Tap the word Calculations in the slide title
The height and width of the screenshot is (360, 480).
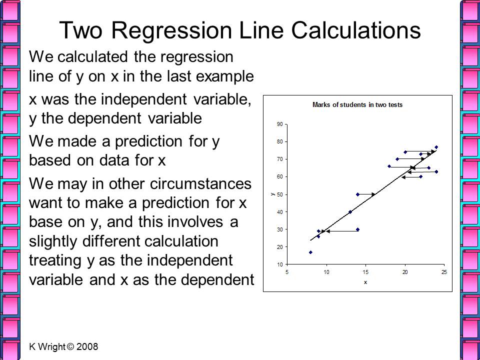355,30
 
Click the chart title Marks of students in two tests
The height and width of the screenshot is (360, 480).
357,104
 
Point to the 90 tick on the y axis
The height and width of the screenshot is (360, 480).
280,124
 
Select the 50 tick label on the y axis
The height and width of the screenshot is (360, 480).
280,194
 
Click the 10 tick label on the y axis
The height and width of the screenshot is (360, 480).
280,264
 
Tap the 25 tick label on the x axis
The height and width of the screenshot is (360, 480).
444,272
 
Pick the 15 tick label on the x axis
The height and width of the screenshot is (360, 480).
365,272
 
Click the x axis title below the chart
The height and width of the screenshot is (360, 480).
365,282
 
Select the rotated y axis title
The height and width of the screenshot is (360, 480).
272,194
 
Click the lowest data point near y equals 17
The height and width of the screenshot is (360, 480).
310,252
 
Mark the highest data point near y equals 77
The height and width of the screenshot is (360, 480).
436,147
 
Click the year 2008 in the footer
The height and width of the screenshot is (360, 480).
87,346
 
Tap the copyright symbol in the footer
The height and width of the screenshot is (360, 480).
70,346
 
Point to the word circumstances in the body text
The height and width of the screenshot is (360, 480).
201,183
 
